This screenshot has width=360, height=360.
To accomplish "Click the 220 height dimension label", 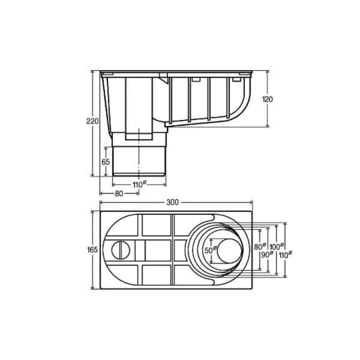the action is pyautogui.click(x=92, y=121).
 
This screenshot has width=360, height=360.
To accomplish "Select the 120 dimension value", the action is pyautogui.click(x=268, y=99).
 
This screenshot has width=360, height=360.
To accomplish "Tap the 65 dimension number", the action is pyautogui.click(x=106, y=162).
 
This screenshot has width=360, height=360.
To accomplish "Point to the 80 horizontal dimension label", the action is pyautogui.click(x=119, y=194).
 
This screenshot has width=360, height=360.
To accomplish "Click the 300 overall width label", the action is pyautogui.click(x=172, y=202).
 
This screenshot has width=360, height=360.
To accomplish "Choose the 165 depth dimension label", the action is pyautogui.click(x=92, y=250).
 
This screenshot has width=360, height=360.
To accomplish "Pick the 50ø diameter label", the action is pyautogui.click(x=211, y=250).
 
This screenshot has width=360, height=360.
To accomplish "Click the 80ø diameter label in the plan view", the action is pyautogui.click(x=260, y=247).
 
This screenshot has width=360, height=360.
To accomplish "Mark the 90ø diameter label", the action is pyautogui.click(x=268, y=254).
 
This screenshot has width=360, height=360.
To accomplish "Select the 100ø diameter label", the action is pyautogui.click(x=277, y=247).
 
